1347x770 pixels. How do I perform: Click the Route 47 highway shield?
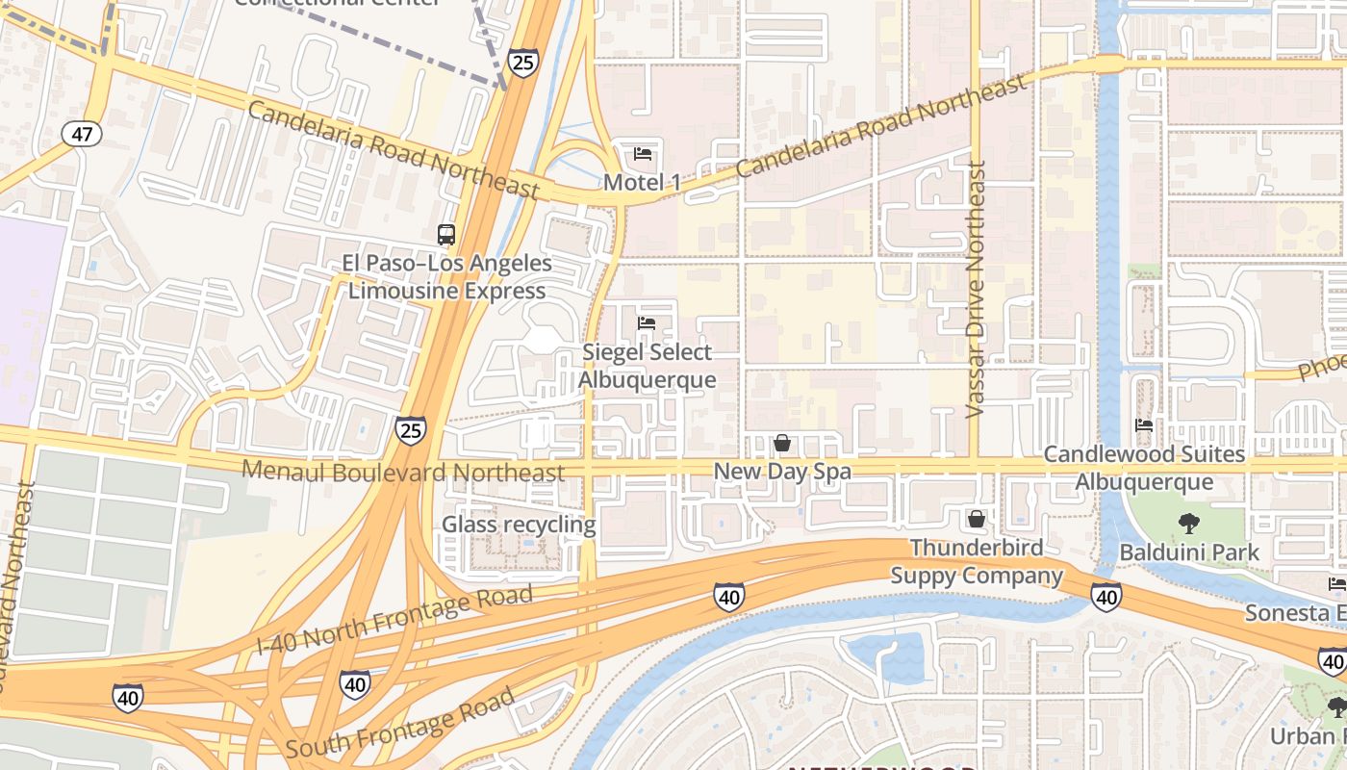pos(82,134)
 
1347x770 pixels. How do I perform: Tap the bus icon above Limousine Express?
pos(445,234)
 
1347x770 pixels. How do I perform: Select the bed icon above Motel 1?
pos(643,154)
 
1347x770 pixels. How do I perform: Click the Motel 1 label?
pos(642,182)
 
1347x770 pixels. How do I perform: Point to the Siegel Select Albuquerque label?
pos(647,366)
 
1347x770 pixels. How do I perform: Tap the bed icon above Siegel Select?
pos(647,323)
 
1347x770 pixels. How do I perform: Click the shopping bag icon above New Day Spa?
pos(782,443)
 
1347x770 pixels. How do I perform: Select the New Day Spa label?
pos(782,472)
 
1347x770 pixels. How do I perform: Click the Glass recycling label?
pos(519,525)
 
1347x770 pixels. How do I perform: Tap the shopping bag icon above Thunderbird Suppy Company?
pos(977,520)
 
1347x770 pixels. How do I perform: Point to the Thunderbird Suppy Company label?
pos(977,562)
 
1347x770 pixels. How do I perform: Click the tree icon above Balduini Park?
pos(1189,524)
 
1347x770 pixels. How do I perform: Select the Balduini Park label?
pos(1189,552)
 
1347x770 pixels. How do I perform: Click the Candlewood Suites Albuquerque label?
pos(1144,468)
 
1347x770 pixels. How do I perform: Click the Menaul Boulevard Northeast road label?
pos(403,471)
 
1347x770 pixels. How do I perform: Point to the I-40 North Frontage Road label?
pos(394,622)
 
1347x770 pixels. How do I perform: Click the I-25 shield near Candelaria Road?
pos(522,64)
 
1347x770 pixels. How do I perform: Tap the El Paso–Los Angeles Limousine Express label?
pos(447,277)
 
